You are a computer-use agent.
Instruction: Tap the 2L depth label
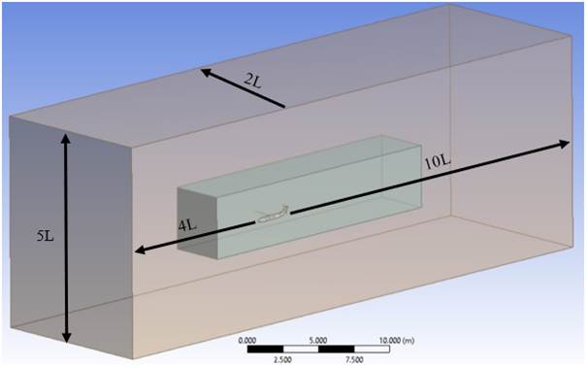pyautogui.click(x=251, y=82)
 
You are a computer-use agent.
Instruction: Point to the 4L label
pyautogui.click(x=187, y=225)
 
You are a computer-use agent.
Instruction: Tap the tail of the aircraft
pyautogui.click(x=284, y=207)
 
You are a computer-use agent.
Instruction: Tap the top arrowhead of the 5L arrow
pyautogui.click(x=66, y=139)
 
